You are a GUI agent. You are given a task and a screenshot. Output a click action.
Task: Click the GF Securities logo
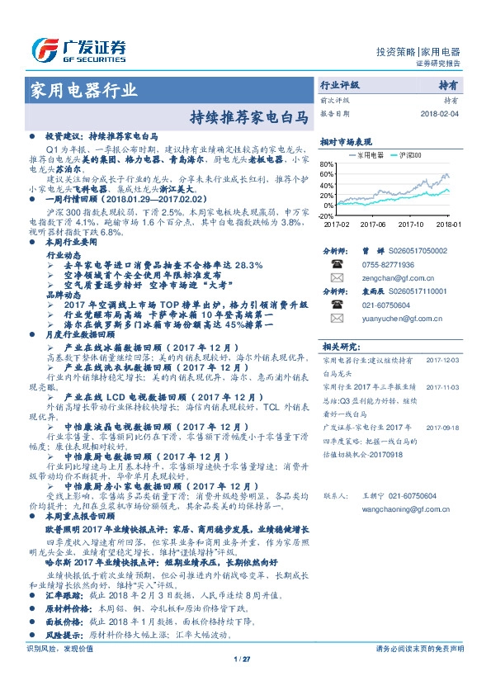(x=78, y=49)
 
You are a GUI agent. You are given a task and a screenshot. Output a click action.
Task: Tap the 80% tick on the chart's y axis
(x=327, y=163)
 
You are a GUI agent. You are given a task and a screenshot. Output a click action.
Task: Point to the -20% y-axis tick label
(x=326, y=215)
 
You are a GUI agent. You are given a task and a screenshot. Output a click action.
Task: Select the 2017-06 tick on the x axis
(x=375, y=224)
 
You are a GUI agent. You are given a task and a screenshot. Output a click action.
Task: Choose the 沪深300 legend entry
(x=404, y=154)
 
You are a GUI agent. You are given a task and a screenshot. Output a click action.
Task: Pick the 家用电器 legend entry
(x=366, y=154)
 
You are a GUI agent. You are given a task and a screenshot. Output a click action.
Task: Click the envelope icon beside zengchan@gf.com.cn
(x=337, y=278)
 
